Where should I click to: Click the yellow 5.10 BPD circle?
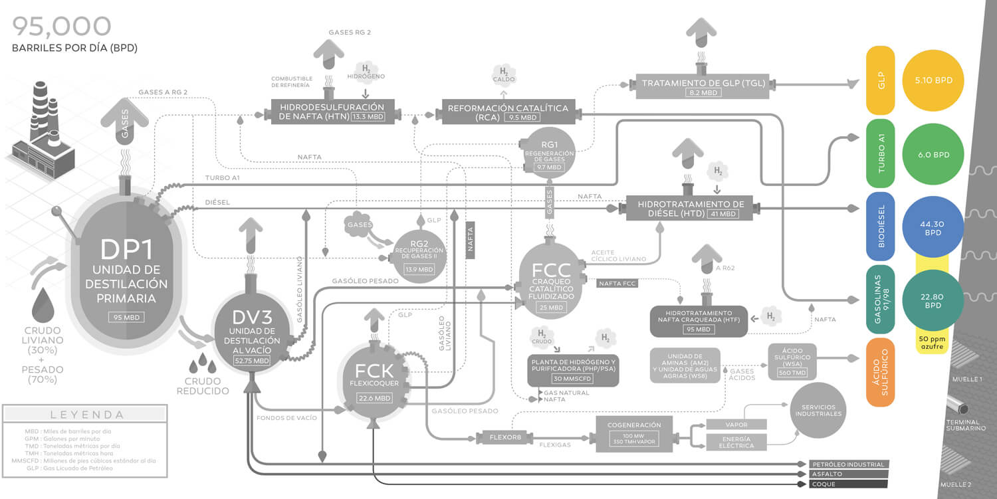[x=933, y=80]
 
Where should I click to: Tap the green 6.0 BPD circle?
[x=933, y=154]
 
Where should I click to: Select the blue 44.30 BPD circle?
[x=933, y=229]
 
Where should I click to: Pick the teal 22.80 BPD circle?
[x=933, y=302]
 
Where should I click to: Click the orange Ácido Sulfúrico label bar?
[x=880, y=372]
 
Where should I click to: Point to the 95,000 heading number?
[x=61, y=27]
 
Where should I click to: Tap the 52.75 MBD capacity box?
[x=252, y=361]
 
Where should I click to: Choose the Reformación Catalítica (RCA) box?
[x=508, y=112]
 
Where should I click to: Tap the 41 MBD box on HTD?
[x=723, y=214]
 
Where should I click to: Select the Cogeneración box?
[x=633, y=433]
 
